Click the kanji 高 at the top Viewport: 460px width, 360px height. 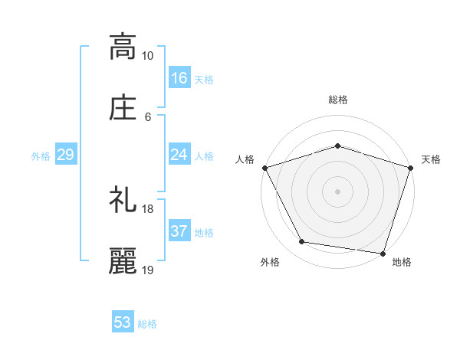(x=123, y=47)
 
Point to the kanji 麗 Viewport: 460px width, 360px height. (x=123, y=261)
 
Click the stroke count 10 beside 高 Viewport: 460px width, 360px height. (x=148, y=56)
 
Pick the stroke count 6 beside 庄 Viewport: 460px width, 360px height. (x=148, y=116)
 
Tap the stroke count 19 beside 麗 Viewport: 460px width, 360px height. (x=148, y=270)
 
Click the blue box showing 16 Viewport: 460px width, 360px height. (x=179, y=77)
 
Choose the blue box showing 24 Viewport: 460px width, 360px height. (x=179, y=155)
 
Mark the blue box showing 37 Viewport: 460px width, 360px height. (x=179, y=231)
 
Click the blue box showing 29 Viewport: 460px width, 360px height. (x=65, y=155)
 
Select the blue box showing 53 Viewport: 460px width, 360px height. (x=123, y=322)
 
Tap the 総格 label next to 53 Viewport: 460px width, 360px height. (x=147, y=324)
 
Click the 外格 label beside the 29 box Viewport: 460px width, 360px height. (x=41, y=156)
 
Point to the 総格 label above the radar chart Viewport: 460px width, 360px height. (x=337, y=100)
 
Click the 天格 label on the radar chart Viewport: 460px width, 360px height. (x=431, y=159)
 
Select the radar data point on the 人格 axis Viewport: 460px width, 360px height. (x=264, y=168)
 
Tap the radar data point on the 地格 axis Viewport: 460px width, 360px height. (x=383, y=253)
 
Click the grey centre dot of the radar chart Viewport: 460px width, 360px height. (x=337, y=191)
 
